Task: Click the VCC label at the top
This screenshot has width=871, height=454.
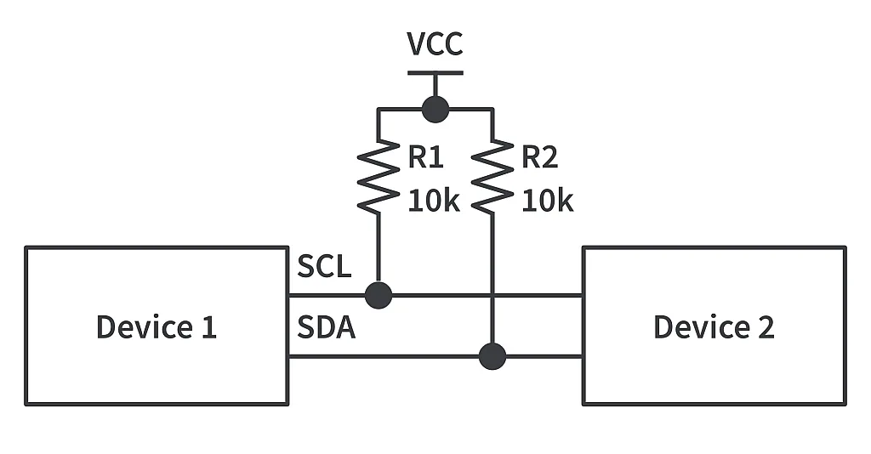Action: coord(435,43)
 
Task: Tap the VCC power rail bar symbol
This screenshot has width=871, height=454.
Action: coord(435,72)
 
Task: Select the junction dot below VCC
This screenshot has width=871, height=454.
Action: coord(435,109)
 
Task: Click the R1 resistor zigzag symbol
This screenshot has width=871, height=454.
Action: coord(378,177)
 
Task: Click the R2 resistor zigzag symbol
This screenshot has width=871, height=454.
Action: coord(492,177)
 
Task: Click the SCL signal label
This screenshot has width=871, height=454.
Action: coord(324,267)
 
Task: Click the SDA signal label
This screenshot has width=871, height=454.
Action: coord(326,327)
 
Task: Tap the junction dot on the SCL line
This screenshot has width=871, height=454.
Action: coord(378,295)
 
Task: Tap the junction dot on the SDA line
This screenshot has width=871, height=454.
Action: coord(492,356)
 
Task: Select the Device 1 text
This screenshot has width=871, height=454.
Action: coord(157,326)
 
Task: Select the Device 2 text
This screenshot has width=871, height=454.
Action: coord(714,326)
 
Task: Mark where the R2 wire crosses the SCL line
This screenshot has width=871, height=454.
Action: coord(492,295)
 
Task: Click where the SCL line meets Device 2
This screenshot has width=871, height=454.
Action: coord(583,295)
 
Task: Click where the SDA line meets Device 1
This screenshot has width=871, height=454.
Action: coord(287,356)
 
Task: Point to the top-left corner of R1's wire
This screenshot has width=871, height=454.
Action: coord(378,109)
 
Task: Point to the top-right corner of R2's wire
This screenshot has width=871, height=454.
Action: coord(492,109)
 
